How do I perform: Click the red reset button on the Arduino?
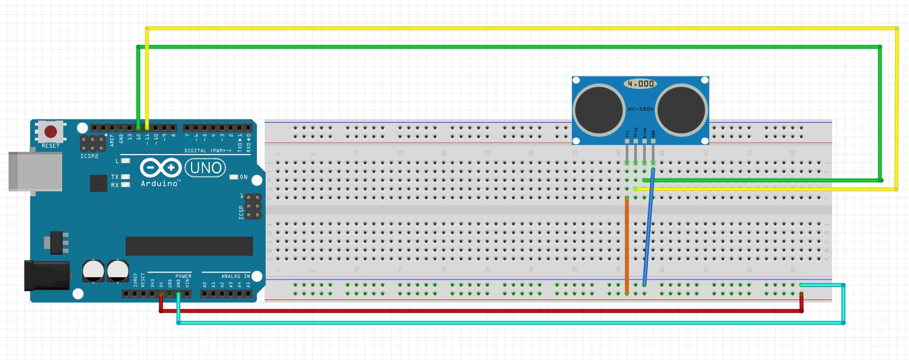point(51,132)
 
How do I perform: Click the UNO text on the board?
point(205,168)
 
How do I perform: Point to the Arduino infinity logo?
point(161,168)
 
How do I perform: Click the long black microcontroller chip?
point(189,246)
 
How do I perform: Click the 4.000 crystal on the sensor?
point(640,84)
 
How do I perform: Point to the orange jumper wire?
point(627,245)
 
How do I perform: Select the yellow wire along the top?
point(513,28)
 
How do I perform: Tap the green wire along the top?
point(513,47)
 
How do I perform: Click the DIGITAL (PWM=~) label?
point(208,151)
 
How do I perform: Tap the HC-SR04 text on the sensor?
point(640,108)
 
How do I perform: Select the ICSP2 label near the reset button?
point(89,156)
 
